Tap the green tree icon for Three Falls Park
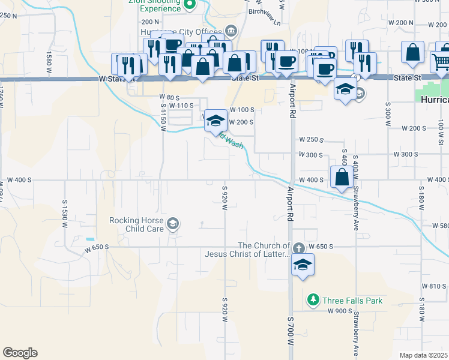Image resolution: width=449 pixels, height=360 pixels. (313, 299)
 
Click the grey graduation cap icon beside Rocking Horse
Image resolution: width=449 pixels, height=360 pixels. (173, 224)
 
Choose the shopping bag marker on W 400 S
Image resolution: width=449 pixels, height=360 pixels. (342, 177)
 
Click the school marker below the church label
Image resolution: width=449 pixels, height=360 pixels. (303, 265)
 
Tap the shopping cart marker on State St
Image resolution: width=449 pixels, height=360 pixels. (441, 61)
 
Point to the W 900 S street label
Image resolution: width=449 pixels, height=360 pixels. (339, 311)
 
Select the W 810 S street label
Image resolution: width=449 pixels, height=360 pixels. (434, 286)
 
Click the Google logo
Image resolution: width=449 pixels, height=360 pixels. (20, 353)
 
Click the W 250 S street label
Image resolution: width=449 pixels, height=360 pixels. (311, 140)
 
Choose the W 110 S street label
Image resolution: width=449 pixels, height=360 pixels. (181, 106)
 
